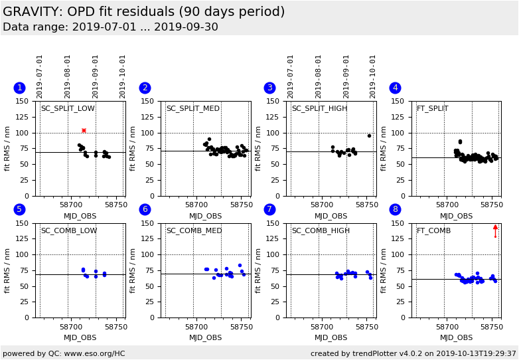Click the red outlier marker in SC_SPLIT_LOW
[x=84, y=130]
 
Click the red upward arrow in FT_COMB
[x=495, y=230]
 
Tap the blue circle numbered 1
[x=19, y=88]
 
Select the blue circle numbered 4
[x=395, y=88]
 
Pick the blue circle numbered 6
[x=145, y=209]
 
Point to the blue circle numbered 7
[x=269, y=209]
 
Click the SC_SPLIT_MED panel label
[x=192, y=109]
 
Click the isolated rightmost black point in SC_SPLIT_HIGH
[x=369, y=135]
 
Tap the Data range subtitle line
[x=110, y=27]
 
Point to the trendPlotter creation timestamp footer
[x=413, y=353]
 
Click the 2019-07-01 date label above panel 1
[x=40, y=76]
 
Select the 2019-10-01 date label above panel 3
[x=373, y=76]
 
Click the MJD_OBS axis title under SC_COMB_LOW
[x=80, y=337]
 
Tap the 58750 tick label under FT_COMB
[x=492, y=327]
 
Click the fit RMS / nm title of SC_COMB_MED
[x=133, y=270]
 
